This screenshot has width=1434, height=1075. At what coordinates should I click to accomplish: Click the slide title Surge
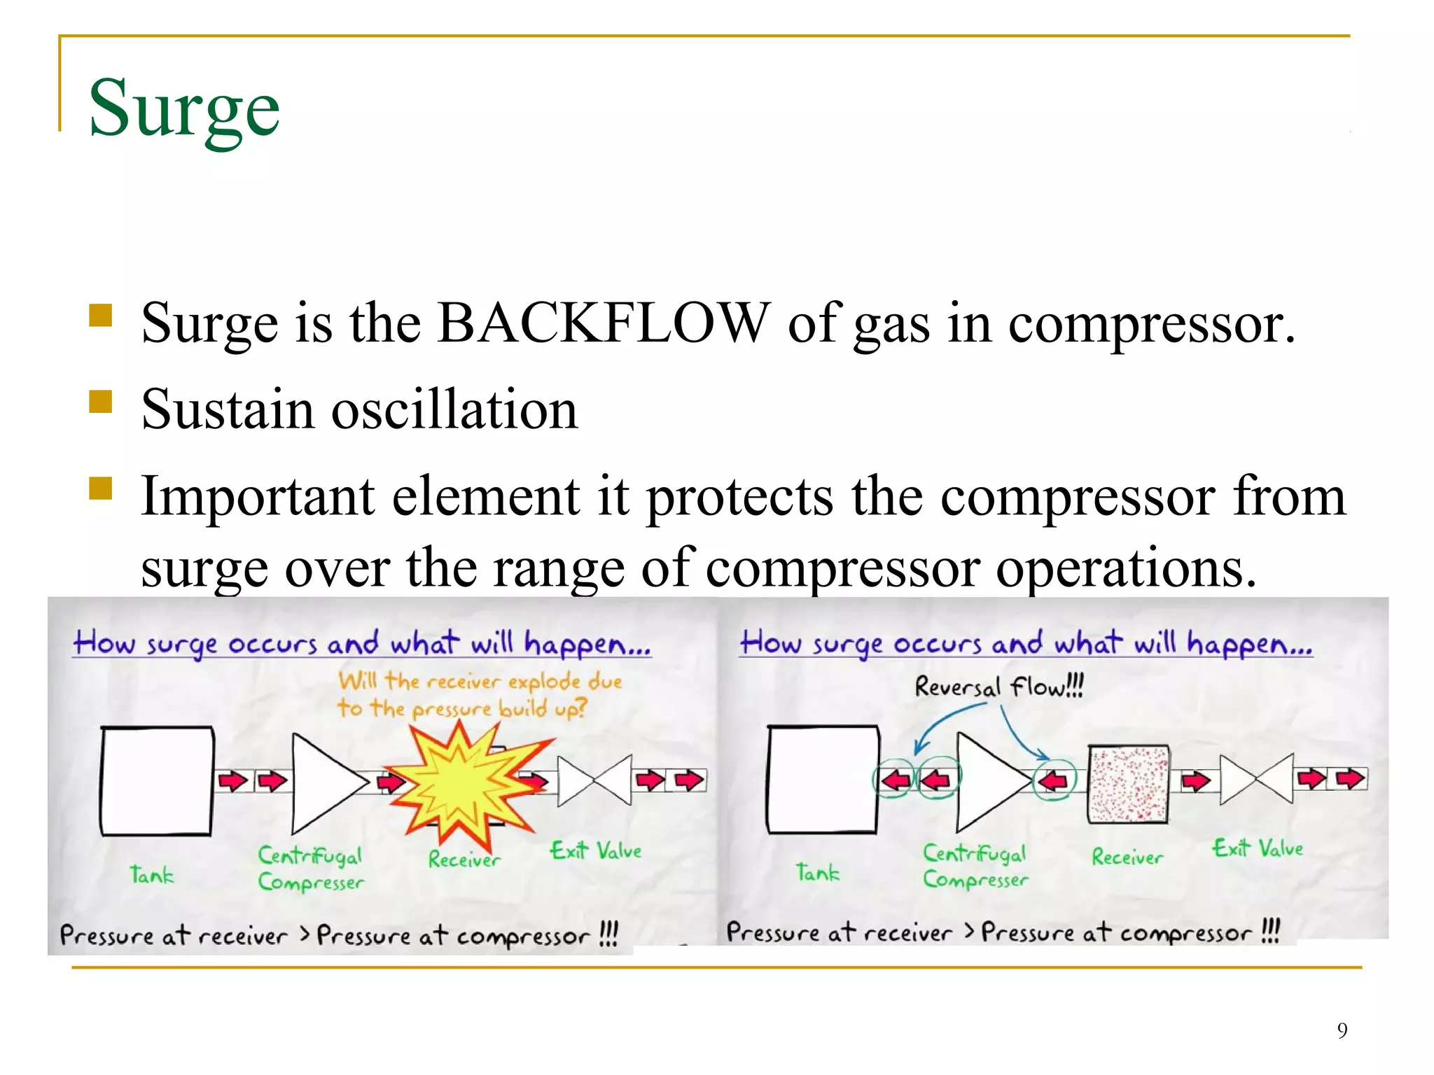184,109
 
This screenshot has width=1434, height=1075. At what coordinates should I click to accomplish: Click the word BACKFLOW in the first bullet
603,323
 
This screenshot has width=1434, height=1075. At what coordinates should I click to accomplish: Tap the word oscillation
454,410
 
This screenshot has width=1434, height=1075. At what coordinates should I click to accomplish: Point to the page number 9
1342,1030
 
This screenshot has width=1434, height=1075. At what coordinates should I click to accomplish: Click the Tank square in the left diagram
157,781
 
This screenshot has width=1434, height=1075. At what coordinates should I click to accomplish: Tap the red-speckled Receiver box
1128,784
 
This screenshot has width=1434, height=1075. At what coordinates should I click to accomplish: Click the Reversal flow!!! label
998,687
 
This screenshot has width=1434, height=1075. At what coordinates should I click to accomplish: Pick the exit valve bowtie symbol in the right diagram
1256,779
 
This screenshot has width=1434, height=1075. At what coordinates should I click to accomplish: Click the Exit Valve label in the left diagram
595,851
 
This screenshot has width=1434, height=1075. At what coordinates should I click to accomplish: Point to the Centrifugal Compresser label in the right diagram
975,866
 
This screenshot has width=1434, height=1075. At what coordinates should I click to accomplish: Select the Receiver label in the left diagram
464,859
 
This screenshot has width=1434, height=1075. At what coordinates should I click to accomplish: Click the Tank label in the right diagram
817,872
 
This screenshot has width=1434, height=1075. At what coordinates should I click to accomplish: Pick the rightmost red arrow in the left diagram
690,780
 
